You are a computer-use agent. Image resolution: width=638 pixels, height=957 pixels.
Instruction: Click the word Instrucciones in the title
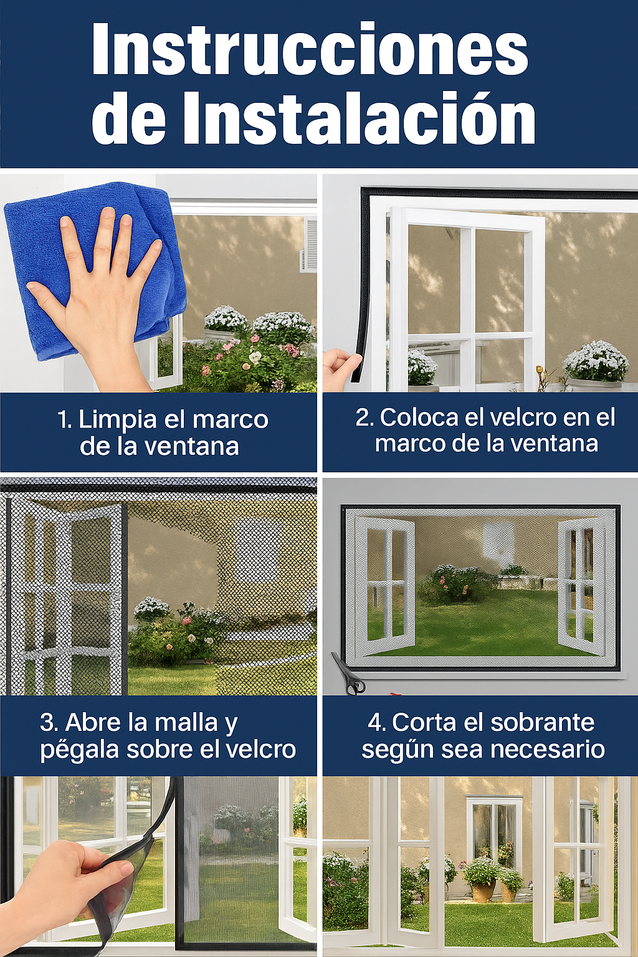310,50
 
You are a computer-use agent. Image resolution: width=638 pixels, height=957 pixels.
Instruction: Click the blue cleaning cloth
95,269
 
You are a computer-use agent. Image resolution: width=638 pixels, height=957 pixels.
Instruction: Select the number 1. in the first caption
65,420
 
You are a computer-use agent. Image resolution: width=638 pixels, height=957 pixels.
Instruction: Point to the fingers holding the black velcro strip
343,368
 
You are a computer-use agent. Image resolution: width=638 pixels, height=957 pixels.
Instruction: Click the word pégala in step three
80,750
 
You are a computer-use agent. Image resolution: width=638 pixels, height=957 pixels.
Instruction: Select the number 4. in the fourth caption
378,723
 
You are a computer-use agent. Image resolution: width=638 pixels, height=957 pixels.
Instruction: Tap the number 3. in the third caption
50,723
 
